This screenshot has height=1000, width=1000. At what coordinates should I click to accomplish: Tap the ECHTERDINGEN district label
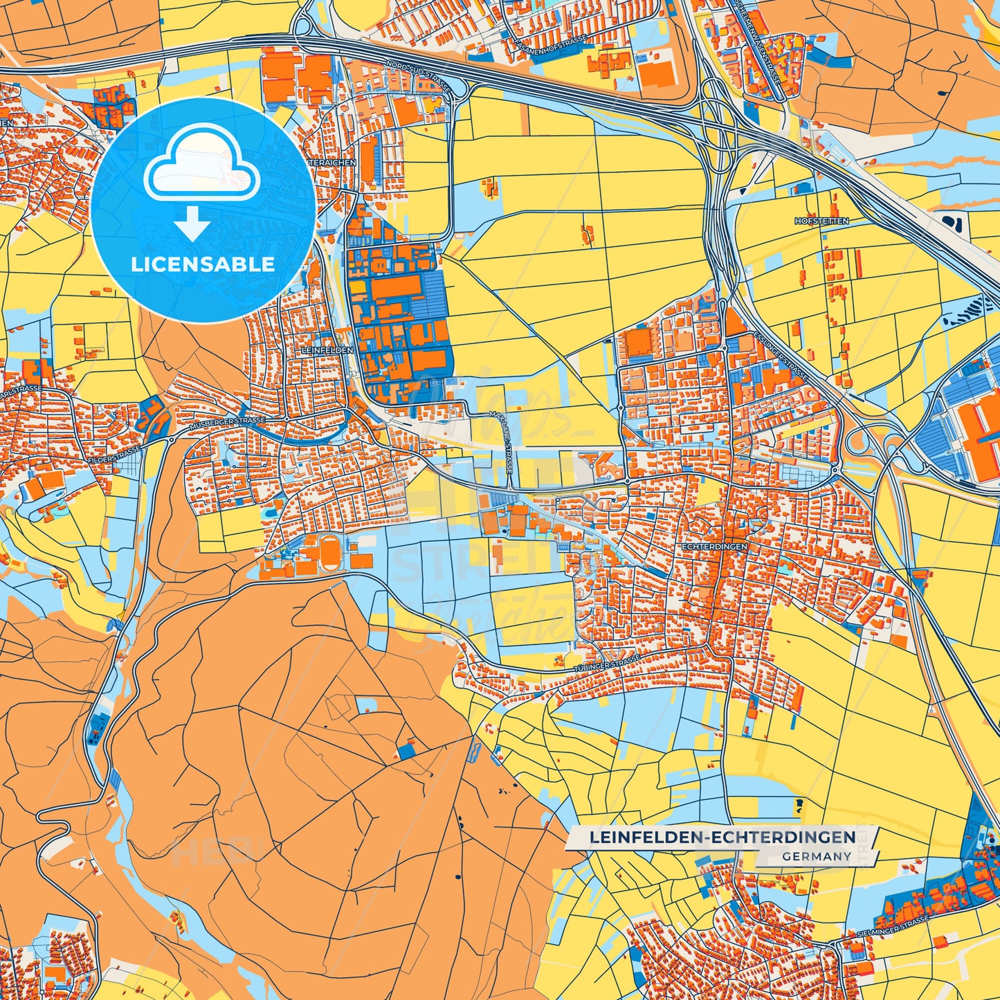click(x=714, y=547)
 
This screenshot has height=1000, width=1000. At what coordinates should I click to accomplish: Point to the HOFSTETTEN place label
click(x=821, y=221)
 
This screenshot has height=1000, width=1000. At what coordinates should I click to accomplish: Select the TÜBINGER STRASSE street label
click(x=607, y=666)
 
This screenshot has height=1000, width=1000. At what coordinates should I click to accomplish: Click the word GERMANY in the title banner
click(x=817, y=856)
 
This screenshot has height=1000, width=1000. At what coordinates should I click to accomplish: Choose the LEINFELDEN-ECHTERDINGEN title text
click(x=722, y=837)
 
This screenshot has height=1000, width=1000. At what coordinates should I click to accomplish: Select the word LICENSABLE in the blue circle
click(x=203, y=264)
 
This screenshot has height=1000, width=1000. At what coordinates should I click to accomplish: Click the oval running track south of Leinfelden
click(x=329, y=555)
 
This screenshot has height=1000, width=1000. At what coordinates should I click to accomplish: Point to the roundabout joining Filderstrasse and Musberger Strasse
click(x=171, y=439)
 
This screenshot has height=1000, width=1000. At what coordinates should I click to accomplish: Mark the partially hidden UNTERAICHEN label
click(x=334, y=163)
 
